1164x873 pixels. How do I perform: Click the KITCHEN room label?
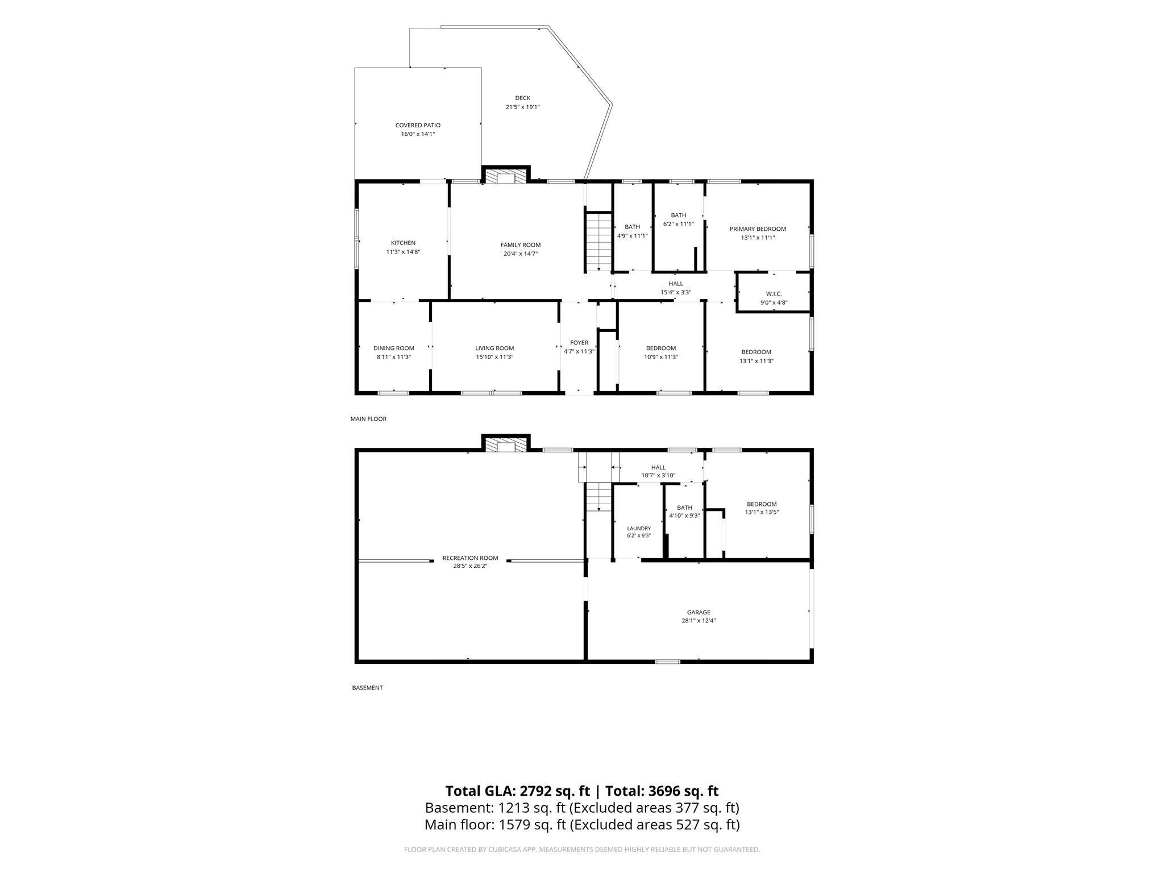click(x=403, y=243)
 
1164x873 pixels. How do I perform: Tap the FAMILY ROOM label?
click(x=521, y=245)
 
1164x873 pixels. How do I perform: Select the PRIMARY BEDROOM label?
click(x=758, y=229)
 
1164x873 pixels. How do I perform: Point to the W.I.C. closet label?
click(x=774, y=294)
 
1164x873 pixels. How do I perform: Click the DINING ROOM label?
click(x=394, y=348)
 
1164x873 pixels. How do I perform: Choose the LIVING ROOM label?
click(x=494, y=348)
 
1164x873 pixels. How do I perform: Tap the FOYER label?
click(x=579, y=343)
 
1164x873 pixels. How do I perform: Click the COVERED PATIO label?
click(x=418, y=125)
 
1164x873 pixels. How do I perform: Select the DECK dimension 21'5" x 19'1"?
click(x=523, y=107)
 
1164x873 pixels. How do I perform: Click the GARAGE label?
click(x=699, y=613)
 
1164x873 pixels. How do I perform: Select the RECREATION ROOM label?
click(x=470, y=558)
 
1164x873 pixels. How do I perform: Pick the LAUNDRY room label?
click(x=639, y=529)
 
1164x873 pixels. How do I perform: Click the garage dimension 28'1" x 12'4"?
click(x=699, y=621)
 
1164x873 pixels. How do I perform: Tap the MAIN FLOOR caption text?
click(x=368, y=419)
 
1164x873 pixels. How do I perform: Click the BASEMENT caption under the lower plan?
click(x=367, y=688)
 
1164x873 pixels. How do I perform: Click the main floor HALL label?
click(x=676, y=284)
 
